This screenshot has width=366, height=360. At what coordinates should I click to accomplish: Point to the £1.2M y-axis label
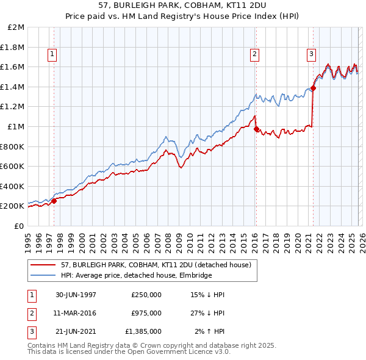point(13,107)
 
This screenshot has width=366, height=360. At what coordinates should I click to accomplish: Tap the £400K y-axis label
point(13,186)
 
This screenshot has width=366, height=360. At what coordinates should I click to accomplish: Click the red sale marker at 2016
point(256,129)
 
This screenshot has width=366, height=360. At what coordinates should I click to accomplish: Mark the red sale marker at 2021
point(313,88)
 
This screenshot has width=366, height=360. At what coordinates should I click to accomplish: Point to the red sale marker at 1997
point(54,201)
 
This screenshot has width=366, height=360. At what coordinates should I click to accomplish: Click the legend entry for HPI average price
point(136,275)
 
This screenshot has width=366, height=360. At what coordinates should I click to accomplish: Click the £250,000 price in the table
point(146,295)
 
